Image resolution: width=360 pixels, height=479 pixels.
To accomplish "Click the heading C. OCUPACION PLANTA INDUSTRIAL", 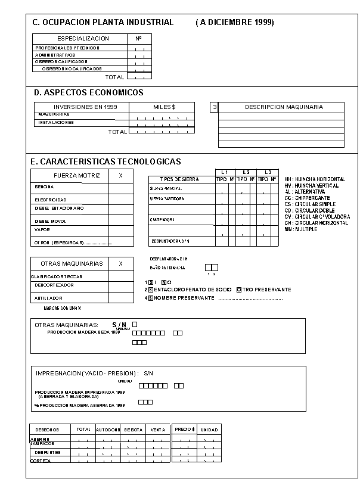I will (103, 23).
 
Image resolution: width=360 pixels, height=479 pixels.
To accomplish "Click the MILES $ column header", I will (165, 107).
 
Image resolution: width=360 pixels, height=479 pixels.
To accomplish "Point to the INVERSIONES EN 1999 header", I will (82, 107).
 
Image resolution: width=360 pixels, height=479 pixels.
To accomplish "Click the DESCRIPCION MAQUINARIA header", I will (284, 107).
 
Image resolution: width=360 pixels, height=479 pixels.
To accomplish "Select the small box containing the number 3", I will (214, 107).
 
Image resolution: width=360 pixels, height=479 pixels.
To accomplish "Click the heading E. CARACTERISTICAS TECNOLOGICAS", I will (105, 161).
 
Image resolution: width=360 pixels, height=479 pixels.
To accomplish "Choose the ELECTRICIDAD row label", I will (50, 200).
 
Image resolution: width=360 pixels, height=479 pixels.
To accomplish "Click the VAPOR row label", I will (42, 229).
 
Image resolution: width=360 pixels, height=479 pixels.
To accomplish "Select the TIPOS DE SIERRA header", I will (179, 179).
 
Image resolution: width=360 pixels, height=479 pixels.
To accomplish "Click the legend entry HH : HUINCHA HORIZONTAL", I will (314, 179).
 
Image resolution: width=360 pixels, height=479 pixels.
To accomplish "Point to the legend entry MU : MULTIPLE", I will (300, 229).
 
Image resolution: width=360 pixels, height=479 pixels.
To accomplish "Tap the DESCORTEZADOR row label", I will (54, 285).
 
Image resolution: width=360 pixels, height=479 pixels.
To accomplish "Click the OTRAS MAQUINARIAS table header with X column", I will (72, 263).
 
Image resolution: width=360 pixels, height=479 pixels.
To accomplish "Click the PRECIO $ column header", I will (184, 429).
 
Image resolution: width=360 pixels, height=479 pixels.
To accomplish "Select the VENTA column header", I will (158, 430).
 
